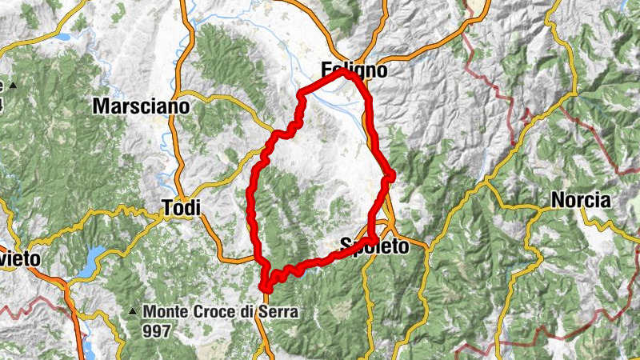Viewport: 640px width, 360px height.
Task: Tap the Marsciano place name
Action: (x=141, y=106)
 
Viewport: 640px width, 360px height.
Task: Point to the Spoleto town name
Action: (x=374, y=246)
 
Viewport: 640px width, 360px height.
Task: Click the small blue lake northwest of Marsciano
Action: (x=62, y=35)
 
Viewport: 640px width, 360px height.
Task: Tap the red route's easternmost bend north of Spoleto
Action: (x=391, y=177)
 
